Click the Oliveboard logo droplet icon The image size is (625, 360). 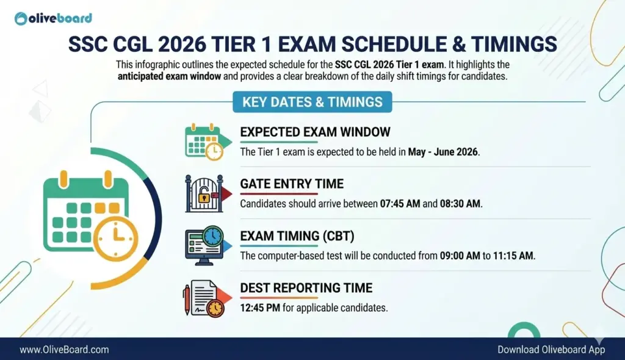pos(21,18)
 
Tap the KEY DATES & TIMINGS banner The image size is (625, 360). pos(312,102)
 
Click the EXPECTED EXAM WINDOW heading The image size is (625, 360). pos(315,132)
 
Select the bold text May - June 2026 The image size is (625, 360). pos(443,152)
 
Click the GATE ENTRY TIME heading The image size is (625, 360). pos(292,184)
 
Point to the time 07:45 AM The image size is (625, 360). pos(400,204)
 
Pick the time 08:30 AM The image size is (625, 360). pos(460,204)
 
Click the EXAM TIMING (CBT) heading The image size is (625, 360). pos(297,236)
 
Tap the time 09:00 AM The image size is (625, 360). pos(460,256)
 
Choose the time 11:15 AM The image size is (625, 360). pos(513,256)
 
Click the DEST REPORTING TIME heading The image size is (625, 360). pos(306,288)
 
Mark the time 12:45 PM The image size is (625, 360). pos(260,308)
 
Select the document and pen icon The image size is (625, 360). pos(207,298)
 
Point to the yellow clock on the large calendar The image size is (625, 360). pos(115,238)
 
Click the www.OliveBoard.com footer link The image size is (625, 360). pos(64,350)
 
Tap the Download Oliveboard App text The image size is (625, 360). pos(551,350)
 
